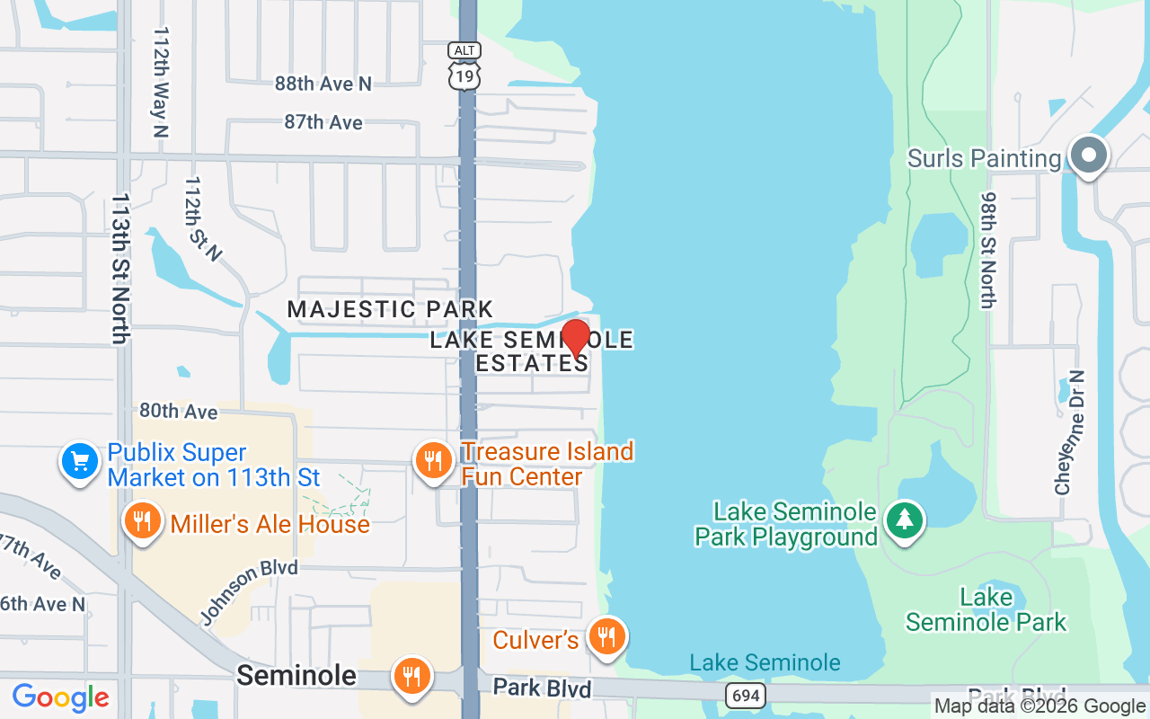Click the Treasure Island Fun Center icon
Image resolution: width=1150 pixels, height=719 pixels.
434,461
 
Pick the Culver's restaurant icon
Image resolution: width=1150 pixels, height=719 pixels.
607,636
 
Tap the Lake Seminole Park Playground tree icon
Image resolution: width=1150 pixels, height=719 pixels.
905,520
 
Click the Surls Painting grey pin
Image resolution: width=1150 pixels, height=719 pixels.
1089,155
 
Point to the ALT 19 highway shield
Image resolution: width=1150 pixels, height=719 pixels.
465,66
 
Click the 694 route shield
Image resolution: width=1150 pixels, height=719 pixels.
746,695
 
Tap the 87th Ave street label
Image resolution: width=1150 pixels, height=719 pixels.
323,122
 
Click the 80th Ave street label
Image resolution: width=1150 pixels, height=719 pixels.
178,411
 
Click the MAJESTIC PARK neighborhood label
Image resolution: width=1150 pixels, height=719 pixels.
390,310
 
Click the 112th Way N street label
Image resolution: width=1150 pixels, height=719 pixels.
161,81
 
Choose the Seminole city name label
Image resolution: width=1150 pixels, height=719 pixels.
296,675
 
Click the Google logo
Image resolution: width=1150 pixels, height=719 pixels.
60,697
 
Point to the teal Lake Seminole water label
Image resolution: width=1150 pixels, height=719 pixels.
765,663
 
